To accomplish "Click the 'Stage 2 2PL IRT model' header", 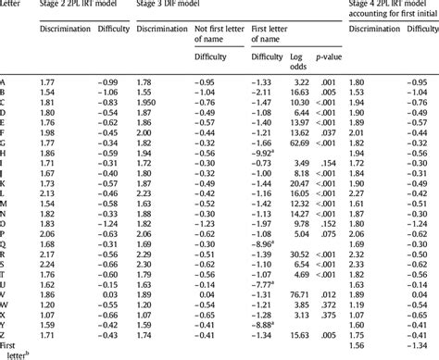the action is [x=81, y=6].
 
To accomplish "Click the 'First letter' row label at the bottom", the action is [x=15, y=350].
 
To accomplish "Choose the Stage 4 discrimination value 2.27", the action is [x=361, y=194].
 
